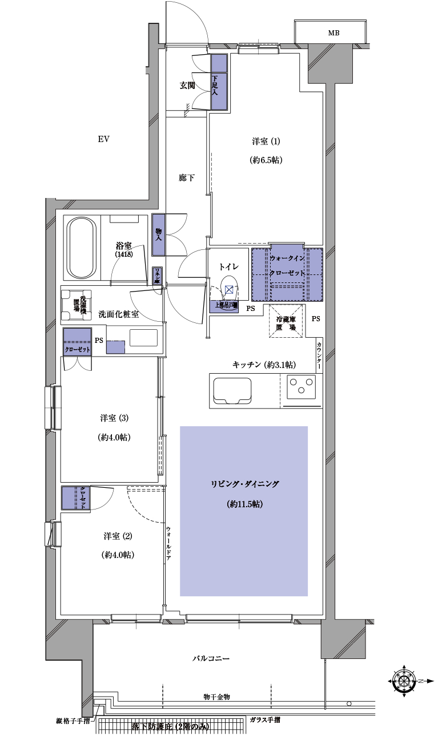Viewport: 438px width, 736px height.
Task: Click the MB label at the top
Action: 333,33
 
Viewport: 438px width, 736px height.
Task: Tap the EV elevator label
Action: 103,139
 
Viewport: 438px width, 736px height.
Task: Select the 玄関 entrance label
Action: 187,86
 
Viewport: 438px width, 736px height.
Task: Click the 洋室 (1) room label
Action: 266,141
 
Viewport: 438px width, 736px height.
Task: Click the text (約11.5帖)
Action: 244,504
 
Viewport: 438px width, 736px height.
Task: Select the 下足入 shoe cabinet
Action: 219,82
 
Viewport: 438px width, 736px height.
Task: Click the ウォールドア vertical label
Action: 168,543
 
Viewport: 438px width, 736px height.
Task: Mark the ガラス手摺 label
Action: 264,721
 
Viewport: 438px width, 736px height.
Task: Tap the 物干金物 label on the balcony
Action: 216,697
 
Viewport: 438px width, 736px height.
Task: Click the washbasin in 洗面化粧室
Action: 143,338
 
